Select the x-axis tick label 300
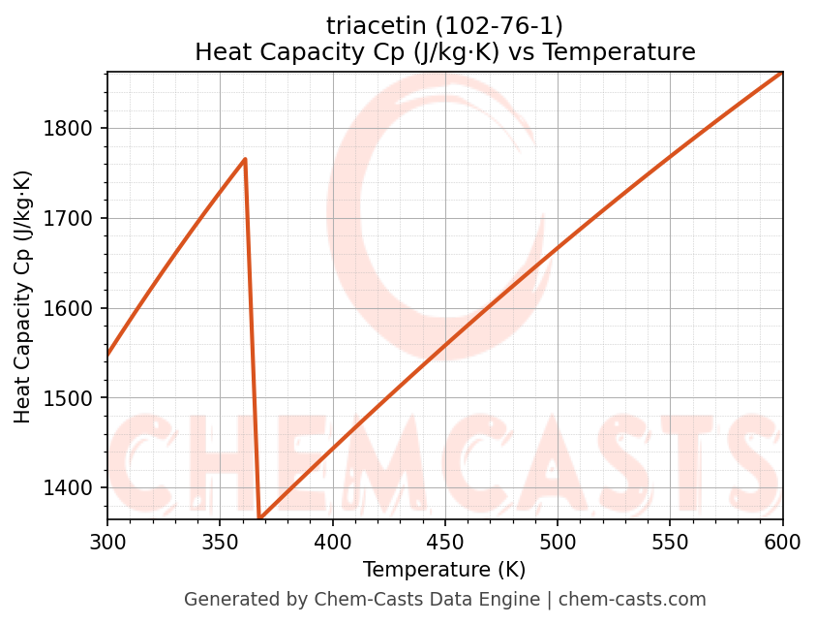click(x=107, y=543)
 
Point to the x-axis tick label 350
click(x=220, y=543)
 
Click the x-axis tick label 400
click(x=333, y=543)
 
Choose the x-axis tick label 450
click(x=445, y=543)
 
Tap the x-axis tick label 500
click(x=558, y=543)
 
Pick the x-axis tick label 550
click(x=670, y=543)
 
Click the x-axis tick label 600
click(x=782, y=543)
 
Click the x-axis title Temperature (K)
click(x=444, y=570)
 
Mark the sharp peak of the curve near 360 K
click(x=245, y=159)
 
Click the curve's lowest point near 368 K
click(x=259, y=518)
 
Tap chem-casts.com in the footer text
click(x=632, y=600)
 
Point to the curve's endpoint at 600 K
click(x=782, y=73)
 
